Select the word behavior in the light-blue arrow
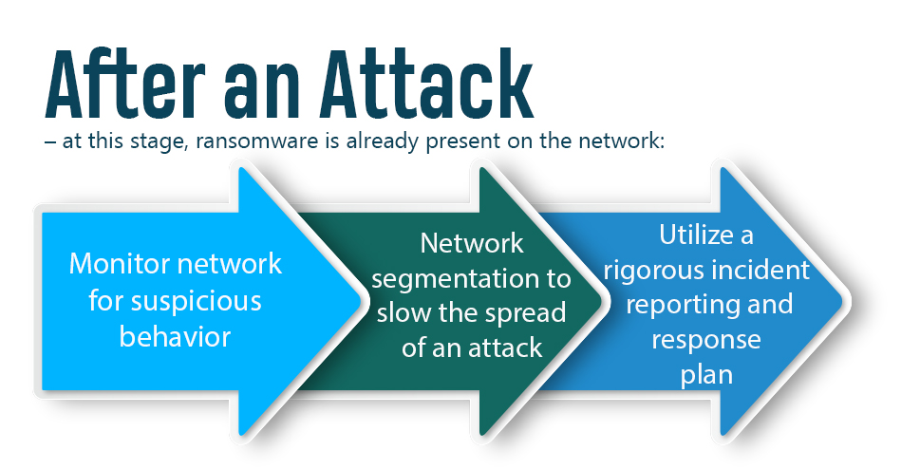coord(176,336)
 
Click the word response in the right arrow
coord(706,339)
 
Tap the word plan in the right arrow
coord(706,374)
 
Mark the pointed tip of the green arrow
coord(604,304)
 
